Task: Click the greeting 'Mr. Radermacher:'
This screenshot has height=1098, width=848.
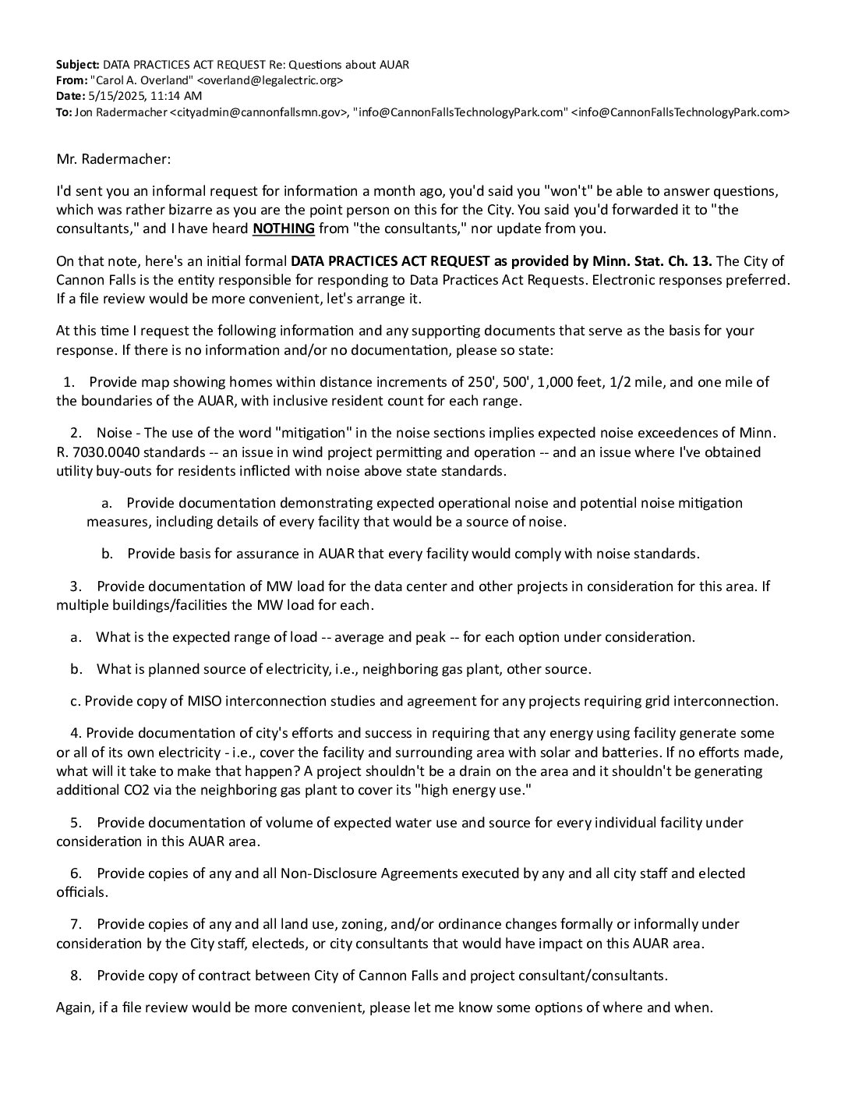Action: click(113, 159)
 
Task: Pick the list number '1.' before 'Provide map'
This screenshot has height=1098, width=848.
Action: click(69, 382)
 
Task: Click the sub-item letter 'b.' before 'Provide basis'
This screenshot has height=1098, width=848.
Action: click(108, 554)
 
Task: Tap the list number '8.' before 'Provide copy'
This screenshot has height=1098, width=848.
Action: click(76, 976)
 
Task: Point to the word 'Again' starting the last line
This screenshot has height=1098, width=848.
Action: click(74, 1008)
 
